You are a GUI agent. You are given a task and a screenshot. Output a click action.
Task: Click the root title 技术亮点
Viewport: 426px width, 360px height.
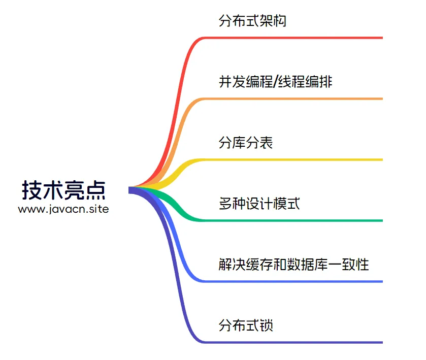click(63, 190)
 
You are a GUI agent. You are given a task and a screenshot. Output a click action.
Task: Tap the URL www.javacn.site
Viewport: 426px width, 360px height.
click(63, 209)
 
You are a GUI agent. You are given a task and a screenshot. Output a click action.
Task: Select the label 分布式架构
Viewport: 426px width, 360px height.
click(252, 21)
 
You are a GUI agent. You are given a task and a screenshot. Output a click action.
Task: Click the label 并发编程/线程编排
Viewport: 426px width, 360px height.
click(276, 82)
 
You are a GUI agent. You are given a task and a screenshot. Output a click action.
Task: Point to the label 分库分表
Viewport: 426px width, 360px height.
click(246, 142)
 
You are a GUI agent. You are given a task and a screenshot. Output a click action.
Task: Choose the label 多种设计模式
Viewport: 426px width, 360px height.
click(259, 204)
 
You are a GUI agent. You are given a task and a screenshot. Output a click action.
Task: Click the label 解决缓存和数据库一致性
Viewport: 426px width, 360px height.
click(293, 265)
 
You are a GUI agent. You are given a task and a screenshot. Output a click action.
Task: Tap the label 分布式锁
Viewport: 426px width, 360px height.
click(246, 325)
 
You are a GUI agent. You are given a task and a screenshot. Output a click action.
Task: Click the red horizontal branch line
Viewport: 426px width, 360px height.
click(293, 38)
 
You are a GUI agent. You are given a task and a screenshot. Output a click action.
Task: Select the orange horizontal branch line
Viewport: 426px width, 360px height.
click(293, 99)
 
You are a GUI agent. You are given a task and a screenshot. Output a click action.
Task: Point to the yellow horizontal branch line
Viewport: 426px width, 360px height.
click(293, 159)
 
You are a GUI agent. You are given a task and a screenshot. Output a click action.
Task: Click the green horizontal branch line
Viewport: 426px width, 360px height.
click(293, 220)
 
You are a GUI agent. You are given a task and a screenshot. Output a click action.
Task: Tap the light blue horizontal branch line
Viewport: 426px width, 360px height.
click(293, 281)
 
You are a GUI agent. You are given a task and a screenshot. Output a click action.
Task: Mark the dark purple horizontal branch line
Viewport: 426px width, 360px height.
click(293, 342)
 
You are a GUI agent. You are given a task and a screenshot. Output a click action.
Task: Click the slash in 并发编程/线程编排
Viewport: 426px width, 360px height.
click(276, 82)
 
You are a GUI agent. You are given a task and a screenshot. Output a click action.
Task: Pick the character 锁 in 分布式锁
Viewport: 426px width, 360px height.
click(266, 325)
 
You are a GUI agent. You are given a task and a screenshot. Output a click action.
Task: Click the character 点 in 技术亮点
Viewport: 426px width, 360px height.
click(95, 190)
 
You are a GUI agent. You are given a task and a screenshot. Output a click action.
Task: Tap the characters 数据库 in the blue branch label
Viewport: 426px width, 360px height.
click(307, 265)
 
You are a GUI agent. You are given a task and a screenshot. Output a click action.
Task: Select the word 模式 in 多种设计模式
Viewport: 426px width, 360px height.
click(286, 204)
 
